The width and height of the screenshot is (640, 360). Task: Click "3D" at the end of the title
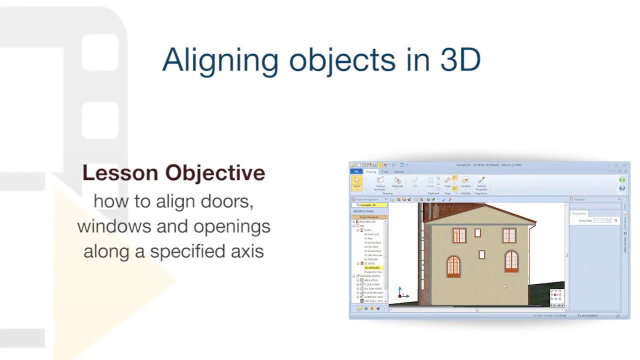coord(460,60)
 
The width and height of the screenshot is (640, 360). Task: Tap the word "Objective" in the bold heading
coord(215,173)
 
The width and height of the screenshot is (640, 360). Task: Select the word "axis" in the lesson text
coord(247,251)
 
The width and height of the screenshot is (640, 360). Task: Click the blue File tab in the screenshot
coord(356,171)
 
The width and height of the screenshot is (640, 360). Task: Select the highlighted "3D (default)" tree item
coord(372,267)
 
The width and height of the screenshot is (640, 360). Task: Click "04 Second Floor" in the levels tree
coord(373,242)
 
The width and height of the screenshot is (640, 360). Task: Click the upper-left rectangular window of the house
coord(459,236)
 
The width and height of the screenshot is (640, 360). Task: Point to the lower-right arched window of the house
coord(511,262)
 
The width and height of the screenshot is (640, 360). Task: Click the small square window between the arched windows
coord(481,255)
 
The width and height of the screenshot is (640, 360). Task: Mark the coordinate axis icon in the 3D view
coord(400,293)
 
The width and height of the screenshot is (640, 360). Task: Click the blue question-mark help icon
coord(622,188)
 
